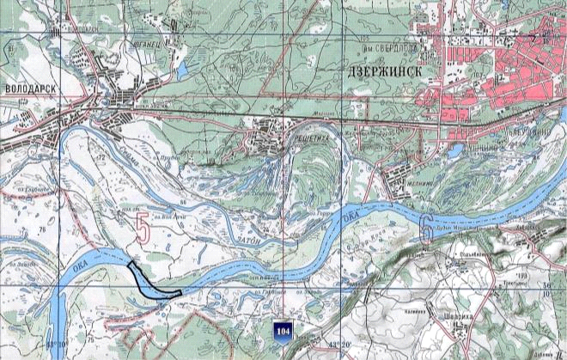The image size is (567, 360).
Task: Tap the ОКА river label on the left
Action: click(87, 259)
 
